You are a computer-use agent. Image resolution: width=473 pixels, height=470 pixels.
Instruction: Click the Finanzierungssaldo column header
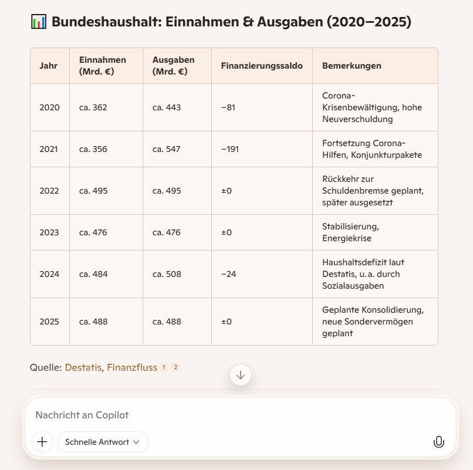point(262,66)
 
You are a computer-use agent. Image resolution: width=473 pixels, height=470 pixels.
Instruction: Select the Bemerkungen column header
point(352,66)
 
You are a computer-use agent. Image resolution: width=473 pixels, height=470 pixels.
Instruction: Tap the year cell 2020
point(49,107)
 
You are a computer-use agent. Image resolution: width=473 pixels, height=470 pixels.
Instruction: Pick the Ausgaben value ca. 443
point(167,107)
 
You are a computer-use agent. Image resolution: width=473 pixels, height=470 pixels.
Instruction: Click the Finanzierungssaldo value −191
point(230,149)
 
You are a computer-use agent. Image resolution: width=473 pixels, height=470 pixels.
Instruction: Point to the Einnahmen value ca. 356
point(93,149)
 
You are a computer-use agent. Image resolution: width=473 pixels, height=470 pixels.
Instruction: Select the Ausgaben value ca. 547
point(167,149)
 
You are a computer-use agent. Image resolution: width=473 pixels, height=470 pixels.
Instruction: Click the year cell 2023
point(49,232)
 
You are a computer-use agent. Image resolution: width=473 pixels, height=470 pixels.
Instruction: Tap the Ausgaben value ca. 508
point(167,274)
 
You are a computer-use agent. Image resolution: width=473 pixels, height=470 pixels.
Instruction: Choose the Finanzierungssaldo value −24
point(229,274)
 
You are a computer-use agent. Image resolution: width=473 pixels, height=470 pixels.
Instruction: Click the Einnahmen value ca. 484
point(93,274)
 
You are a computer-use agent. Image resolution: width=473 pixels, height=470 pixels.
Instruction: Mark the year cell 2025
point(49,322)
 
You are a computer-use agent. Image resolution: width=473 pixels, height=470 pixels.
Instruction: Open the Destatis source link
point(83,367)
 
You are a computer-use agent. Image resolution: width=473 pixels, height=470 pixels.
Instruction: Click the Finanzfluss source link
point(132,367)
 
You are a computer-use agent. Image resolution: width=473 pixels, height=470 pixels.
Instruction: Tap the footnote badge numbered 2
point(175,367)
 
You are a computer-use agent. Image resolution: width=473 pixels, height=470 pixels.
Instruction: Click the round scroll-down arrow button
point(241,375)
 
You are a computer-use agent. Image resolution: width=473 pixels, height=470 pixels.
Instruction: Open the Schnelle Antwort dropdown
point(103,442)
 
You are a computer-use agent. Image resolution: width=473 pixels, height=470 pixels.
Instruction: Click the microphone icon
point(438,442)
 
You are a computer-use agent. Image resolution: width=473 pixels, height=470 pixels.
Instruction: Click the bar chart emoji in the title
point(38,22)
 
